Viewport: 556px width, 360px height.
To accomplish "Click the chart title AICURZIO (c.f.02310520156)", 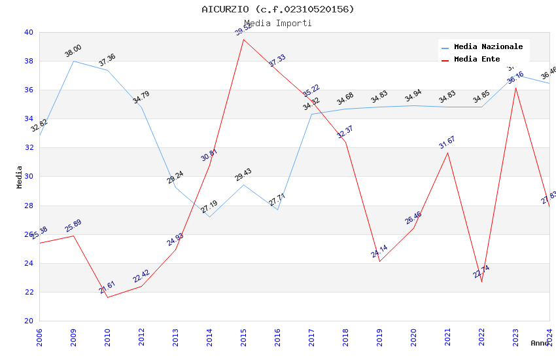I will (278, 9).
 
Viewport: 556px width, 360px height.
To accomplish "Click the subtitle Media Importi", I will (278, 24).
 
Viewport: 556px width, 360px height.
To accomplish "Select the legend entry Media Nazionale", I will (488, 47).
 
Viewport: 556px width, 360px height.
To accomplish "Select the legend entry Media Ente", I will (477, 60).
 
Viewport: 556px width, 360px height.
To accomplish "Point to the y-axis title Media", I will (20, 177).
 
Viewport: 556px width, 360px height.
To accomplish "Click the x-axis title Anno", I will (540, 343).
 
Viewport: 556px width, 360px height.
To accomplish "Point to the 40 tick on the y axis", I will (29, 32).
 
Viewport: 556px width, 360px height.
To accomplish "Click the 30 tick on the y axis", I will (29, 177).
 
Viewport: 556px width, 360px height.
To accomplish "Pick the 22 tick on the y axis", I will (29, 292).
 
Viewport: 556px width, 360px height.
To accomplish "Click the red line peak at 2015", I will (243, 39).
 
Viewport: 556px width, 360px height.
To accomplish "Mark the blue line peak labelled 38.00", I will (73, 61).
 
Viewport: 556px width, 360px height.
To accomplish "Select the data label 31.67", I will (447, 142).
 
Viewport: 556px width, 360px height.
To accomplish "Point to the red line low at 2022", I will (481, 281).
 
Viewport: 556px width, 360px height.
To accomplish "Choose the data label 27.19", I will (209, 207).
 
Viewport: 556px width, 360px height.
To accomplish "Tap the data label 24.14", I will (379, 251).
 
